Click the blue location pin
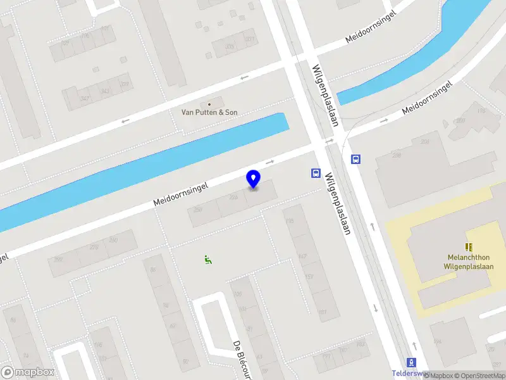[x=254, y=179]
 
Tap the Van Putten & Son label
[x=209, y=112]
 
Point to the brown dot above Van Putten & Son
[x=209, y=103]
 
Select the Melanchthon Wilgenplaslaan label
[x=469, y=262]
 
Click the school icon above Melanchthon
[x=469, y=246]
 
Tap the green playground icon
[x=207, y=258]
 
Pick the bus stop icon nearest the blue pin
[x=315, y=173]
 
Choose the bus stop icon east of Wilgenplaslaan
[x=355, y=160]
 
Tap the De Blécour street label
[x=241, y=357]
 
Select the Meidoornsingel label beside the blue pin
[x=182, y=191]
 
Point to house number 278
[x=94, y=246]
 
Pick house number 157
[x=309, y=277]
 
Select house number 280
[x=114, y=239]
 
